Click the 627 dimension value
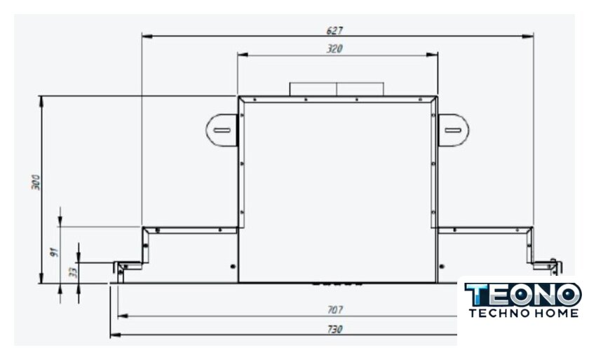334,30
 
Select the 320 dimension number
334,49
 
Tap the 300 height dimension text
36,182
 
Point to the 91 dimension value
55,252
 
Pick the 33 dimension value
74,271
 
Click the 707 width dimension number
334,310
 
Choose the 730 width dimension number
334,329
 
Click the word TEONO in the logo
523,294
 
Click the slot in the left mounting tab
222,130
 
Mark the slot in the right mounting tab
453,130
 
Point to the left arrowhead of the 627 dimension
147,36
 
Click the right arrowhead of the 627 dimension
528,36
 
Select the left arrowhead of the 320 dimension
243,55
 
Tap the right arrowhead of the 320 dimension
433,55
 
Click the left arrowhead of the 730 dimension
115,335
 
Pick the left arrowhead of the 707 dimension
123,316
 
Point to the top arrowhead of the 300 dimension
41,102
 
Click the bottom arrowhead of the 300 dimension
41,278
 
